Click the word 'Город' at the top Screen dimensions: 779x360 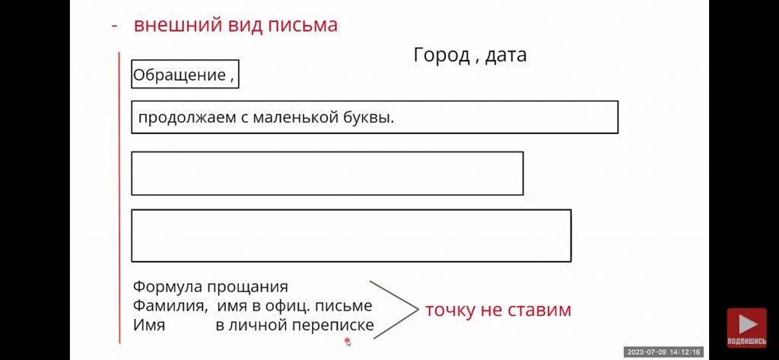441,56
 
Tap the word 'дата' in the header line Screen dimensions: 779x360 506,56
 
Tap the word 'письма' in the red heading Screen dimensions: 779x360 302,25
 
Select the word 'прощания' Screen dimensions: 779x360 247,288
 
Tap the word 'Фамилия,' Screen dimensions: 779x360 170,306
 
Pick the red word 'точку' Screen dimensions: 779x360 448,311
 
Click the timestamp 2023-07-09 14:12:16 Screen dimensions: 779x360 663,352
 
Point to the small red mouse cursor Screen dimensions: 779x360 348,341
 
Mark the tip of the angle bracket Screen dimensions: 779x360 418,309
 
